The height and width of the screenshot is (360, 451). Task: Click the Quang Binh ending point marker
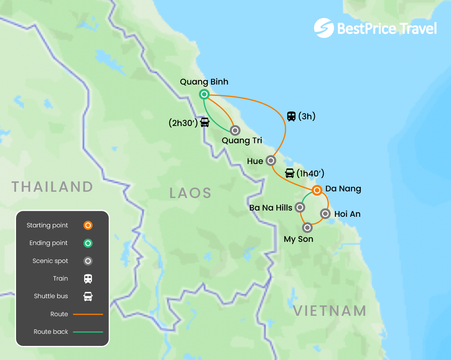tap(204, 94)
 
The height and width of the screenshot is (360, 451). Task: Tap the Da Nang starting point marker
tap(317, 191)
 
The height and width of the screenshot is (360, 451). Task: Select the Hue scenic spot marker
tap(271, 160)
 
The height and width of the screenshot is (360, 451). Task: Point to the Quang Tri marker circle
tap(235, 130)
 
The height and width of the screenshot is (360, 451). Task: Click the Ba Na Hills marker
tap(299, 207)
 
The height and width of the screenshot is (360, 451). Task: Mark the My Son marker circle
tap(307, 227)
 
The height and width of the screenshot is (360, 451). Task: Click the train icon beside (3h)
tap(291, 116)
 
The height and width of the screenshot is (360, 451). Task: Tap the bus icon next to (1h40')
tap(290, 173)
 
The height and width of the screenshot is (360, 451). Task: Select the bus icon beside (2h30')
tap(205, 122)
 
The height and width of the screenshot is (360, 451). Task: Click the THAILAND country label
tap(52, 187)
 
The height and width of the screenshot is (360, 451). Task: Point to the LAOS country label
tap(190, 193)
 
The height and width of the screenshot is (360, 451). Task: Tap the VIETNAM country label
tap(330, 311)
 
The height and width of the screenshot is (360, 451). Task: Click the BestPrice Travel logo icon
tap(324, 28)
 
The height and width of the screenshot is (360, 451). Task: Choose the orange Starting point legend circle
tap(88, 225)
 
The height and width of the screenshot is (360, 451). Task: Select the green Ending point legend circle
tap(88, 243)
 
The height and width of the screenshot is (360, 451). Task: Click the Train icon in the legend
tap(88, 279)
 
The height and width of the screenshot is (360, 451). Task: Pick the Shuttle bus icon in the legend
tap(88, 297)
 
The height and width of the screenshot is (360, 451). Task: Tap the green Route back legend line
tap(88, 332)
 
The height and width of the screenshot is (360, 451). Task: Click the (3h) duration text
tap(307, 116)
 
